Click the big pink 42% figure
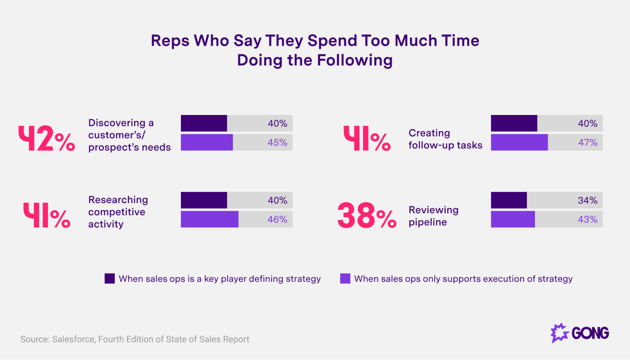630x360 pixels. click(47, 139)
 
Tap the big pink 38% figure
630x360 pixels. click(367, 215)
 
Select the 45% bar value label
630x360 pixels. click(277, 142)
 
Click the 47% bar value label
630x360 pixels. click(587, 142)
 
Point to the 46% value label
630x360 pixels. click(277, 219)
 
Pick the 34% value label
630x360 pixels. click(587, 200)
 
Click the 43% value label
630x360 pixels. click(587, 219)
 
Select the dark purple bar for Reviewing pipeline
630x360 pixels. click(509, 200)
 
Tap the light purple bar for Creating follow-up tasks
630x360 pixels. click(519, 142)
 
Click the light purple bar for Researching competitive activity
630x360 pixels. click(210, 219)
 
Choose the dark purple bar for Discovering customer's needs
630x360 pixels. click(204, 123)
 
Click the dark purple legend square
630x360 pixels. click(110, 278)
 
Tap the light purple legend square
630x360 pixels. click(345, 278)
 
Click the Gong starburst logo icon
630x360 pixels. click(559, 333)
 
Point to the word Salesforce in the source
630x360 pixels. click(74, 339)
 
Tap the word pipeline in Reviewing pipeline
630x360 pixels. click(428, 222)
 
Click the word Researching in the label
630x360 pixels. click(118, 200)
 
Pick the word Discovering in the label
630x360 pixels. click(117, 123)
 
